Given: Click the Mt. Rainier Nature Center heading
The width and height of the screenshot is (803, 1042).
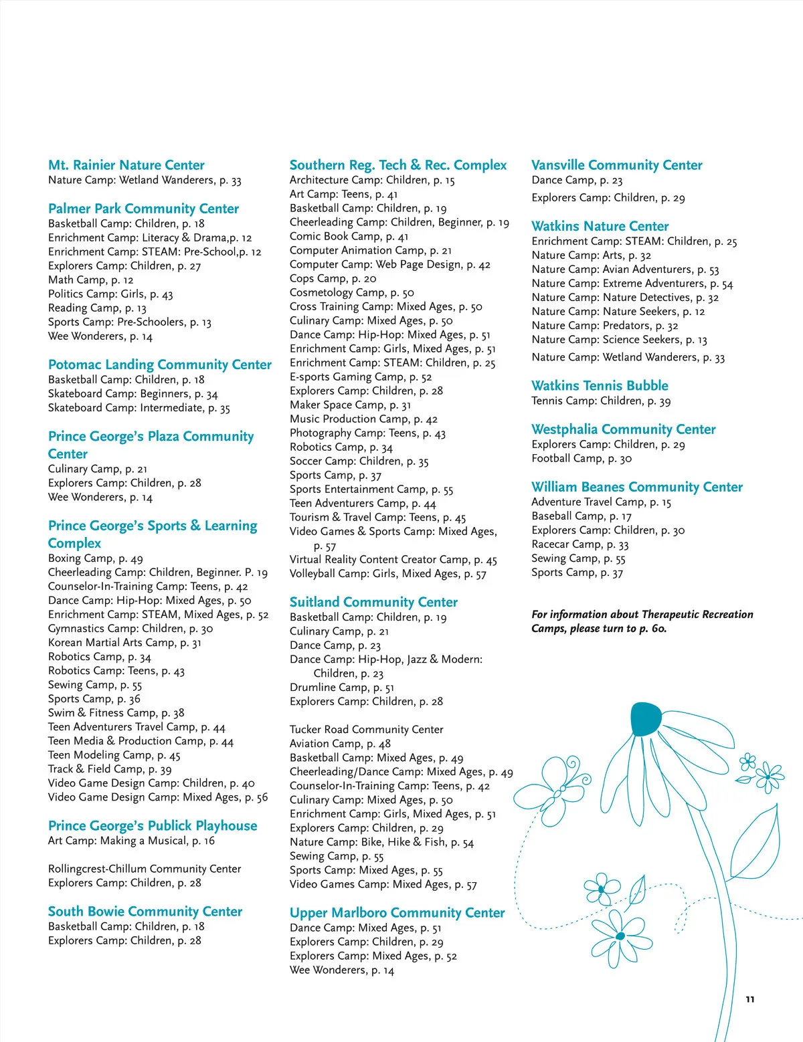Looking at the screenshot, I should pos(126,165).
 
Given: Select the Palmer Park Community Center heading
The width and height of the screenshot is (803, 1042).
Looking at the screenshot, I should pos(143,209).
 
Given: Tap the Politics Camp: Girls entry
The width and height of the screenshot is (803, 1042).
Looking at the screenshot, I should pos(110,294).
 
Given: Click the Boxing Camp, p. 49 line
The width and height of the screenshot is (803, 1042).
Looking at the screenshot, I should pos(95,558).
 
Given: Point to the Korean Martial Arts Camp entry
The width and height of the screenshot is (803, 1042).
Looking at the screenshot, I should pos(124,643).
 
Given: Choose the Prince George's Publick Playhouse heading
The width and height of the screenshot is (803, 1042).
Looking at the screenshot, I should pos(153,826).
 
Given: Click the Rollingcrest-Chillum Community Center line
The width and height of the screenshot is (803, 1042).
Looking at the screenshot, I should pos(145,869).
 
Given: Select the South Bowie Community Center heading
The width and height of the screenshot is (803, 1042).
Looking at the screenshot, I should pos(145,912).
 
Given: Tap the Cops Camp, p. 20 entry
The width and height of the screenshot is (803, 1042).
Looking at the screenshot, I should pos(333,279).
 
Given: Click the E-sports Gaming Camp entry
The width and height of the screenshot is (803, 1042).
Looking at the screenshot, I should pos(361,377).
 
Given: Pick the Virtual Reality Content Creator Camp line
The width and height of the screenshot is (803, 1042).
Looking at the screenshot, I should pos(393,560).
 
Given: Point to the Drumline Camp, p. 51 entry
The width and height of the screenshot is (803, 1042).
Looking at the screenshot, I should pos(341,688).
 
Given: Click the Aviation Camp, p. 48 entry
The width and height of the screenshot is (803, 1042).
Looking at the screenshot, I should pos(340,744).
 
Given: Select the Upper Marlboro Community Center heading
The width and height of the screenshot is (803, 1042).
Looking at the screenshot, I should pos(397,913).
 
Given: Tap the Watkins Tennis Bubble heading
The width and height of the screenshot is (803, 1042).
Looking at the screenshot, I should pos(600,386).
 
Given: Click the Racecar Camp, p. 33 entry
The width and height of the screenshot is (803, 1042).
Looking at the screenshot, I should pos(579,544).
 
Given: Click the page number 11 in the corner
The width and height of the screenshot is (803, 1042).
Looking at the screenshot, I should pos(750,999).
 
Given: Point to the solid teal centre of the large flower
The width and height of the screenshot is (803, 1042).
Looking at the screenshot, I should pos(645,718).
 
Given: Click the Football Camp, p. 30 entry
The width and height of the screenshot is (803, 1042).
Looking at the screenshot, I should pos(582,459).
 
